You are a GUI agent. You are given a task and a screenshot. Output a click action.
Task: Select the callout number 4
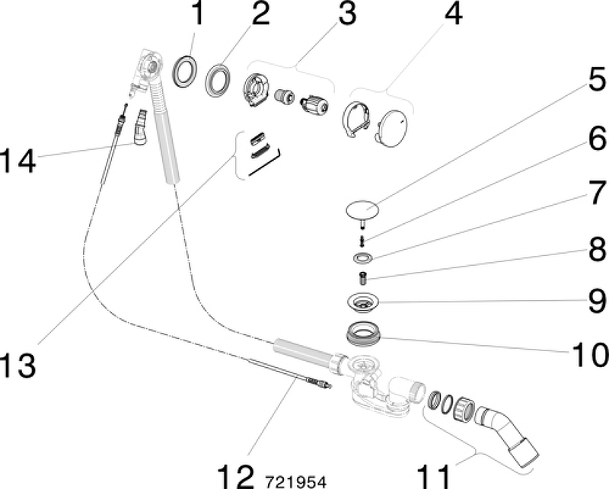[x=454, y=15]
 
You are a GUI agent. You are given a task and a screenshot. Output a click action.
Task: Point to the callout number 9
[x=595, y=301]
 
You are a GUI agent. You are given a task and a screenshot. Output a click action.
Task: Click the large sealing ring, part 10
[x=365, y=333]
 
